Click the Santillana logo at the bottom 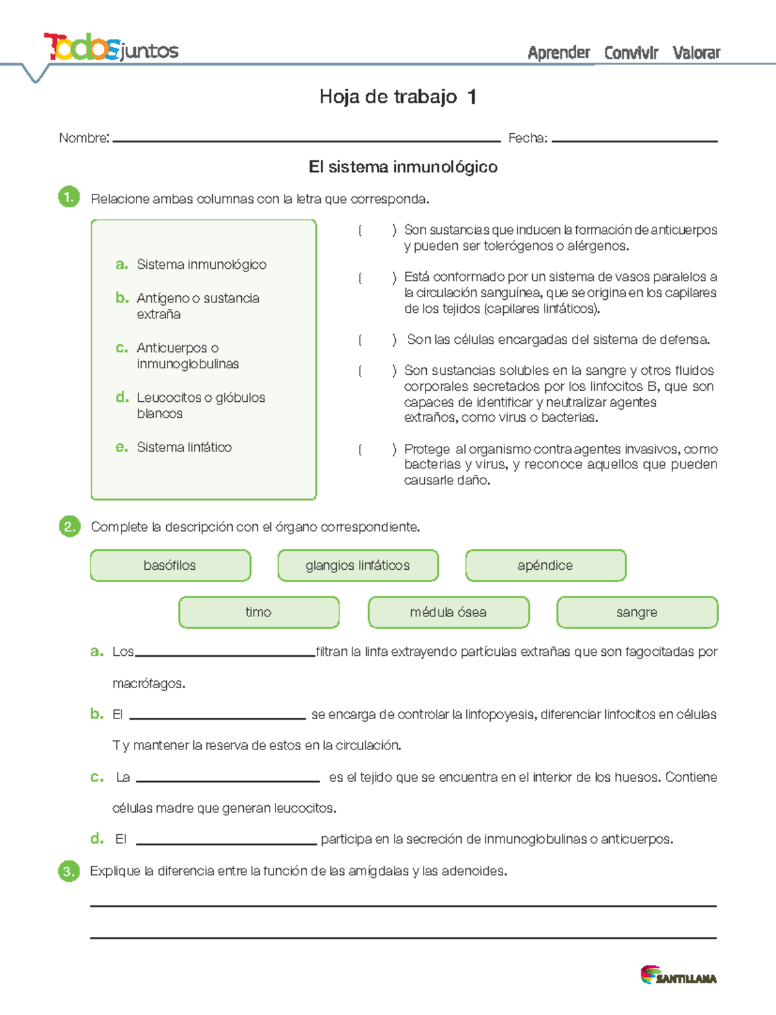click(x=678, y=976)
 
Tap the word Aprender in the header click(x=559, y=53)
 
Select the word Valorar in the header click(x=696, y=53)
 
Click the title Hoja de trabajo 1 click(x=398, y=97)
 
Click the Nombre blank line click(x=307, y=139)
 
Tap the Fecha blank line click(x=634, y=139)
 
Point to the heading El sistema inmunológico click(x=403, y=167)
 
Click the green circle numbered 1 click(x=69, y=197)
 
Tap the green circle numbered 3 click(x=69, y=872)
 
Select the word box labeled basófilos click(x=170, y=566)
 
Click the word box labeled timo click(x=259, y=612)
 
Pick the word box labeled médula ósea click(x=448, y=612)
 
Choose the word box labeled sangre click(x=637, y=612)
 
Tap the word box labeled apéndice click(x=545, y=566)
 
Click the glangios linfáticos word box click(x=358, y=566)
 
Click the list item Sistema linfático click(x=184, y=447)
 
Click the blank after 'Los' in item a click(x=225, y=653)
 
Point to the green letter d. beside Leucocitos click(x=122, y=397)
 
